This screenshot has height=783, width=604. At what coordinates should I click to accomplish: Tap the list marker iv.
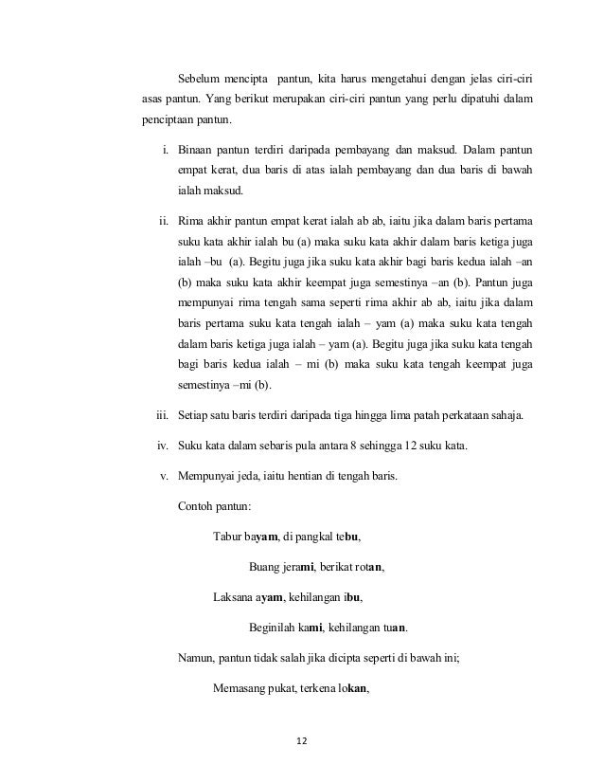tap(161, 447)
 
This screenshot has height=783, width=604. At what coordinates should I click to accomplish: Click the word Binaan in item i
tap(197, 150)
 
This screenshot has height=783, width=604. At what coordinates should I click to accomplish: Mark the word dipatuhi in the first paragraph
tap(472, 100)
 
